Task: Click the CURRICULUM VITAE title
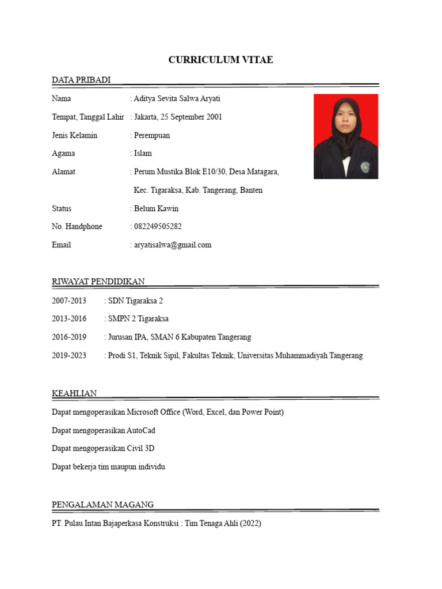[220, 60]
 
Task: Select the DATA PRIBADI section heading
[81, 80]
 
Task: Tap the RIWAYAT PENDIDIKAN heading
[98, 281]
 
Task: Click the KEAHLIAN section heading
[74, 393]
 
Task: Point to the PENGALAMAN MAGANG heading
[102, 504]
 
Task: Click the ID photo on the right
[345, 136]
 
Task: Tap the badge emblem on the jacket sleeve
[364, 167]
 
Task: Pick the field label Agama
[63, 154]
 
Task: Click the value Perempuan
[152, 136]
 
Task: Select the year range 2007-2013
[69, 301]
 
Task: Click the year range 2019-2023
[69, 355]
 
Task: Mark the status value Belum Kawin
[156, 208]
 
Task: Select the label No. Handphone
[77, 227]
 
